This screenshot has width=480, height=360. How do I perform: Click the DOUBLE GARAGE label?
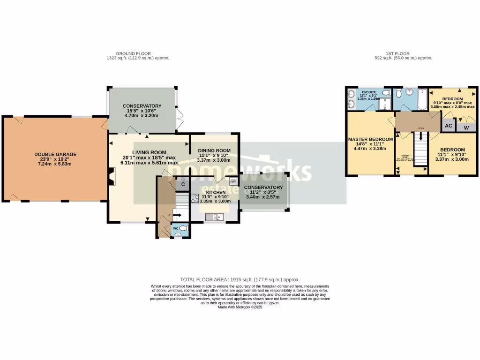[x=55, y=154]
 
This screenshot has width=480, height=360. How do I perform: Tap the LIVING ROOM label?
[x=149, y=152]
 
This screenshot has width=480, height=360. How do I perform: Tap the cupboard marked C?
[x=183, y=184]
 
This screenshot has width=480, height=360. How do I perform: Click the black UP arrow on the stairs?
[x=177, y=216]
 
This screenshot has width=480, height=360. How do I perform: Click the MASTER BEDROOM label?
[x=370, y=140]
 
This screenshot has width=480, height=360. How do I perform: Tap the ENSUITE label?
[x=369, y=91]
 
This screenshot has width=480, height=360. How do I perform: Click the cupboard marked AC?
[x=448, y=126]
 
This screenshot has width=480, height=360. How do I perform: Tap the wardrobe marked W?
[x=466, y=127]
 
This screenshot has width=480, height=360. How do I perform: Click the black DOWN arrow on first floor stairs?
[x=421, y=137]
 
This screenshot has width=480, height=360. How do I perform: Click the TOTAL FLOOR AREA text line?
[x=240, y=279]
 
